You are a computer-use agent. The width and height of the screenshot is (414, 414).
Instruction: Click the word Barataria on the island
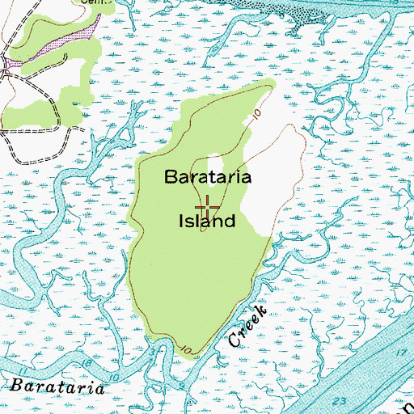[209, 176]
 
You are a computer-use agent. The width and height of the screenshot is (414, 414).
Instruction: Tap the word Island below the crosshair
[207, 220]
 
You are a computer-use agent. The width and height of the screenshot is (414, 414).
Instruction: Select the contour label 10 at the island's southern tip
[188, 349]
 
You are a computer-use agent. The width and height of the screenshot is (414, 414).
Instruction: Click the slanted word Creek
[248, 327]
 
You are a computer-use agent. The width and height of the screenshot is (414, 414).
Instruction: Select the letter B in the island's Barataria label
[171, 176]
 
